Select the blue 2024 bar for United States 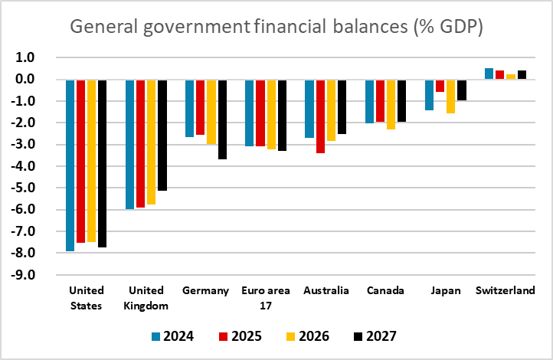70,165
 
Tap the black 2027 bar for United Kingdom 162,135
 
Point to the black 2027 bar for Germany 222,119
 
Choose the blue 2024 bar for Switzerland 489,74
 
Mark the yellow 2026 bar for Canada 391,104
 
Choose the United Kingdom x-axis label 146,297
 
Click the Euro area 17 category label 265,297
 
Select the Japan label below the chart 444,291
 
